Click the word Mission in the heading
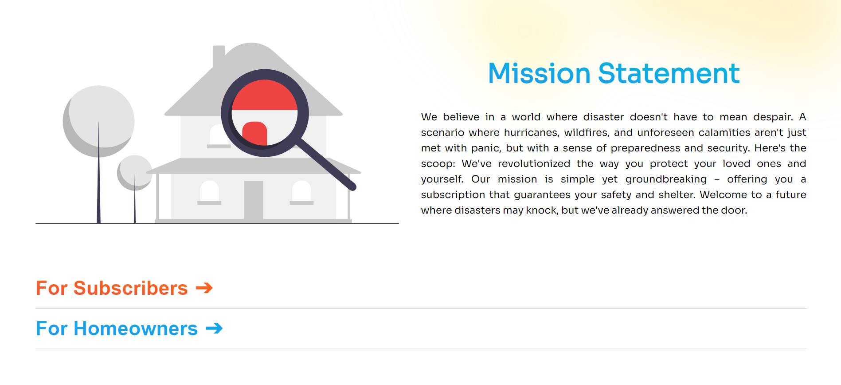pyautogui.click(x=539, y=73)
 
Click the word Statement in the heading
pyautogui.click(x=669, y=73)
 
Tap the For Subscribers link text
pyautogui.click(x=112, y=288)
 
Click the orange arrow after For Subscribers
pyautogui.click(x=204, y=288)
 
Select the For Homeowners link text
pyautogui.click(x=117, y=329)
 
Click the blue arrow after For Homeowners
pyautogui.click(x=214, y=329)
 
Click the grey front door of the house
pyautogui.click(x=253, y=200)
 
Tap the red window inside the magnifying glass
pyautogui.click(x=254, y=134)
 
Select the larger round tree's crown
pyautogui.click(x=99, y=121)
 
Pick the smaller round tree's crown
pyautogui.click(x=135, y=173)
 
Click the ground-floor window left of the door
pyautogui.click(x=210, y=192)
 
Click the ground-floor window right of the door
pyautogui.click(x=301, y=192)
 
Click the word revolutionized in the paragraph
pyautogui.click(x=534, y=163)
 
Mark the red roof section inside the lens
pyautogui.click(x=265, y=95)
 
